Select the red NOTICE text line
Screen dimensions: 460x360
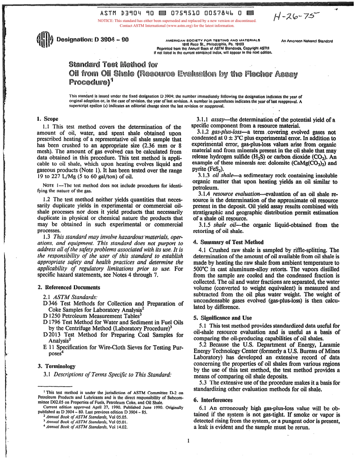177,21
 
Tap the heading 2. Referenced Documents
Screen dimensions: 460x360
69,287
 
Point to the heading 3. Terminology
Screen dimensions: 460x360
56,366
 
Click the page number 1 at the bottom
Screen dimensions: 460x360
188,440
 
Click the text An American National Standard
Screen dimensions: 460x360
307,41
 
